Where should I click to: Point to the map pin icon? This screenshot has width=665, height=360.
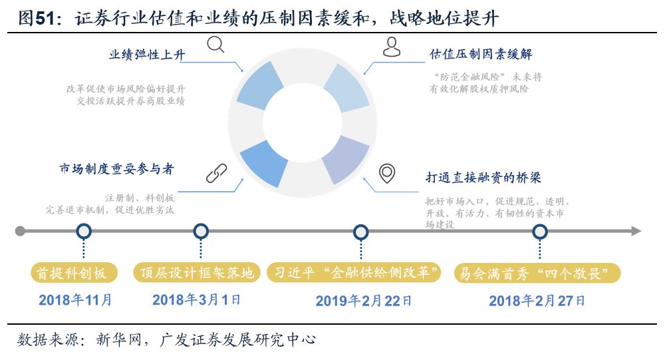[386, 173]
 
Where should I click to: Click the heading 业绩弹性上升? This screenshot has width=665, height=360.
[147, 55]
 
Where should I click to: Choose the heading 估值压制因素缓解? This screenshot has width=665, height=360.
[481, 53]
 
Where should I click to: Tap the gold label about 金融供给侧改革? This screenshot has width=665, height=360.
[355, 273]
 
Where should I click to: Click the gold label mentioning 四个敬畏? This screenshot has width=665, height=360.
[537, 273]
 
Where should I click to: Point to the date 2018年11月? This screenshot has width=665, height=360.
[75, 300]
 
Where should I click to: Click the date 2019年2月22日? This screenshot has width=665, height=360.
[364, 301]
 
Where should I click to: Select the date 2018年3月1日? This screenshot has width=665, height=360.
[196, 300]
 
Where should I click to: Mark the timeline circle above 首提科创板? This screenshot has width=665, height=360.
[84, 232]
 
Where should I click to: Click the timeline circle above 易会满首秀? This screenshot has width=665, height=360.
[540, 232]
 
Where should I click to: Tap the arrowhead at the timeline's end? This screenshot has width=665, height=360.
[636, 232]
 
